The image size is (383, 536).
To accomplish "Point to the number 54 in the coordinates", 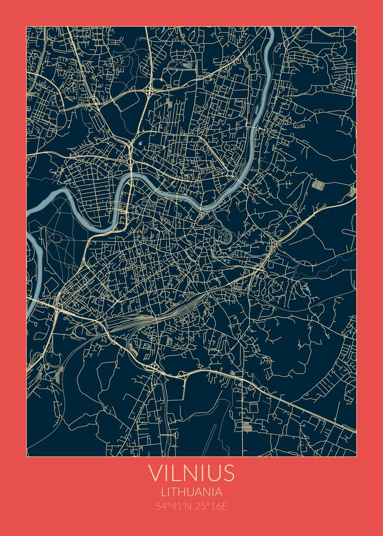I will coord(160,507).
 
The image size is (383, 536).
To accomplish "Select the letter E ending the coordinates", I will coord(224,507).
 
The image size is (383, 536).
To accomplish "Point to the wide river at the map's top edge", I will coord(270,33).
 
